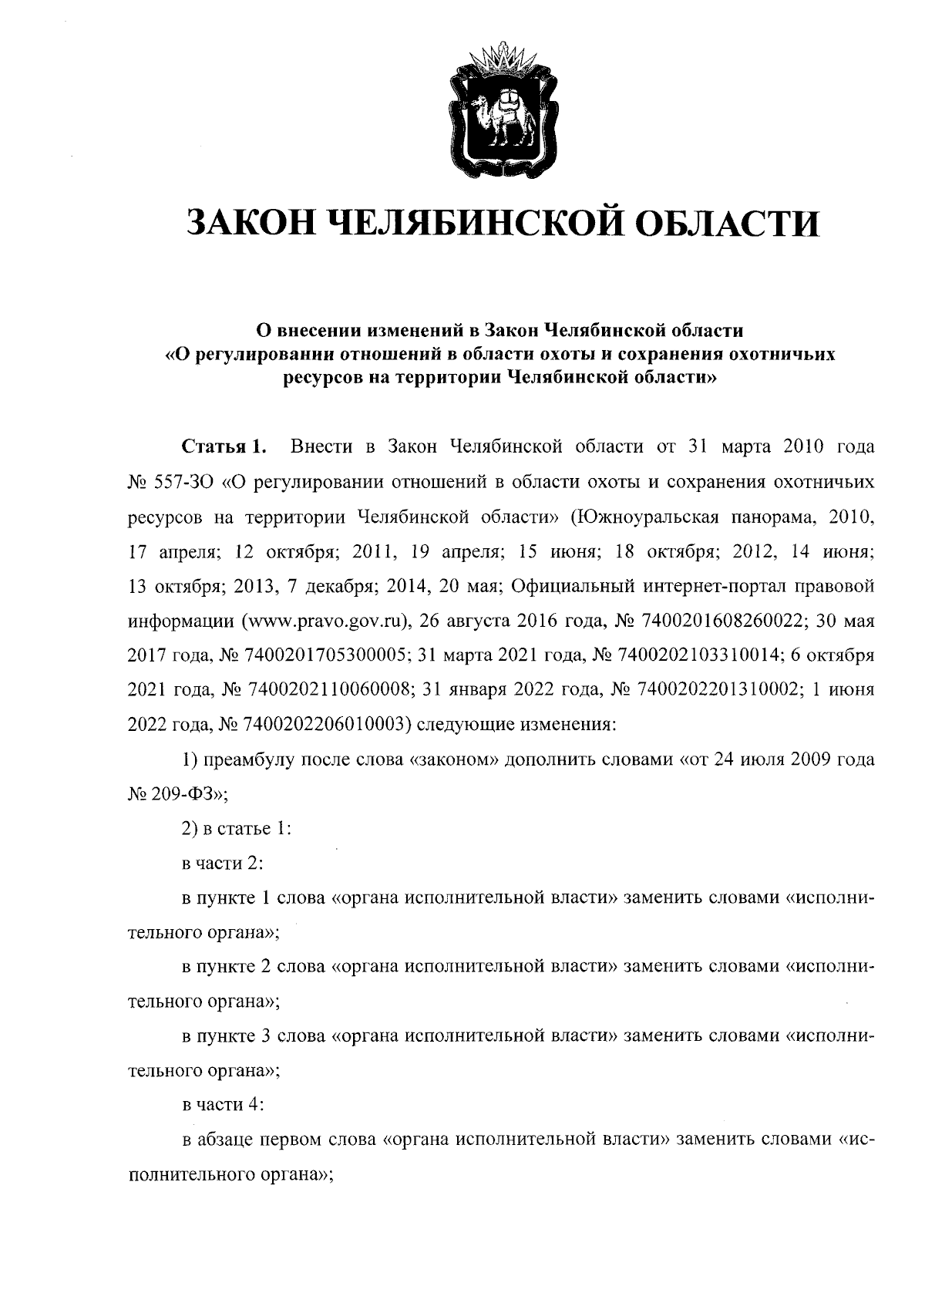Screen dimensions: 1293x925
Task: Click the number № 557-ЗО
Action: pyautogui.click(x=170, y=483)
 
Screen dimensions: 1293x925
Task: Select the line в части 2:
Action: pyautogui.click(x=224, y=864)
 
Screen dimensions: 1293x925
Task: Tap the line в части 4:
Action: pyautogui.click(x=224, y=1105)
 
